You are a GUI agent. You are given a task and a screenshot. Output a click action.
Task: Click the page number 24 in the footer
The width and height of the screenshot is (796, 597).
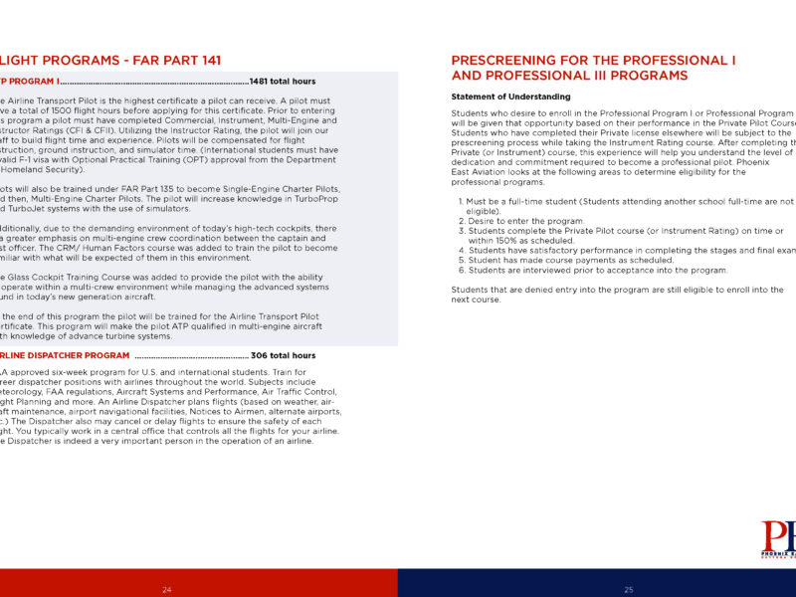[x=167, y=590]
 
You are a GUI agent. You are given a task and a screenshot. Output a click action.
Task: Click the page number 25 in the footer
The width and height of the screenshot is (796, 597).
[x=629, y=590]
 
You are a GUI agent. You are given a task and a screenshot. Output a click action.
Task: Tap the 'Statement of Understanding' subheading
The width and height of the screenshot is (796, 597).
[x=510, y=97]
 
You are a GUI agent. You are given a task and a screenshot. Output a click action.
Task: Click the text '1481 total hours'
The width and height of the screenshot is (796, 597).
[x=283, y=81]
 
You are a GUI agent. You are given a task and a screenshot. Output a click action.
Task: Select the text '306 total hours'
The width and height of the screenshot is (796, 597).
[x=284, y=355]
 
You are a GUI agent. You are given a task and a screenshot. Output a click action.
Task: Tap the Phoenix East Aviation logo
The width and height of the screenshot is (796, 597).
[x=778, y=542]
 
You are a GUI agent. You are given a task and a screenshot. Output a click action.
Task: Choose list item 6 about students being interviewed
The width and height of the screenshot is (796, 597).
[x=598, y=270]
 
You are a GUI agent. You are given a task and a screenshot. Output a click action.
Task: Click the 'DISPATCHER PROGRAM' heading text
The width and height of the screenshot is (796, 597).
[x=74, y=355]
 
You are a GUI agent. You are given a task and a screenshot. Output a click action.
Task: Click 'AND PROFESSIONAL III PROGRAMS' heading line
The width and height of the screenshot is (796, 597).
[x=569, y=76]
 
